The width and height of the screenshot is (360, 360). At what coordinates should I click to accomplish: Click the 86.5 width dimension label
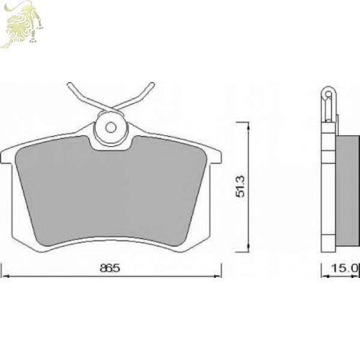[x=109, y=268]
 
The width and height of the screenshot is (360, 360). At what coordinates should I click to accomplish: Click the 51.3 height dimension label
[x=240, y=186]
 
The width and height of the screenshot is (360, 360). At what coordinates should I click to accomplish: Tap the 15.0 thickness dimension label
[x=345, y=268]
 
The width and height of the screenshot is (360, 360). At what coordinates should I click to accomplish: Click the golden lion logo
[x=22, y=24]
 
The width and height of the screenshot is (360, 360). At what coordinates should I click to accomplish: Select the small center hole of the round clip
[x=111, y=128]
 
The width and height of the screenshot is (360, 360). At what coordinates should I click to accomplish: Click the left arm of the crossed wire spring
[x=91, y=99]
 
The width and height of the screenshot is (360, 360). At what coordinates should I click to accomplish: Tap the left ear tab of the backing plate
[x=6, y=157]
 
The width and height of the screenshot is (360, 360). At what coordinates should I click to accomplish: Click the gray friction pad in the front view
[x=111, y=192]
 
